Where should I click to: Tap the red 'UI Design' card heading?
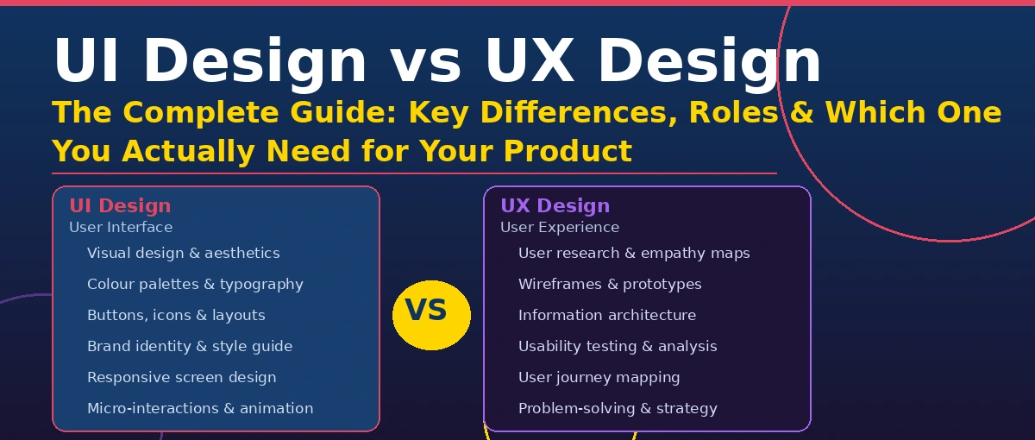[x=120, y=206]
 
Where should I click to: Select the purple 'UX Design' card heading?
[x=555, y=206]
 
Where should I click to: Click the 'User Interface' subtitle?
[x=121, y=228]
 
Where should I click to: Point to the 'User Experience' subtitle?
[x=560, y=228]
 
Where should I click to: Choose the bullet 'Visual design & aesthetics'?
[x=183, y=254]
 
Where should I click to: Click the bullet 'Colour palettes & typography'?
[x=195, y=285]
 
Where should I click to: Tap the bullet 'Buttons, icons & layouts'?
[x=176, y=316]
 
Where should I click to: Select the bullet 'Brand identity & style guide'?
[x=190, y=347]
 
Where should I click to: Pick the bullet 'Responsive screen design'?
[x=181, y=378]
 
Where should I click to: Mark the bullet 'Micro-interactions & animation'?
[x=200, y=409]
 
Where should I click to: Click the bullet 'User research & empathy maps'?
[x=634, y=254]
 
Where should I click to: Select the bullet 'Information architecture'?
[x=607, y=316]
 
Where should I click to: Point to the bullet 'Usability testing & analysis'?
[x=618, y=347]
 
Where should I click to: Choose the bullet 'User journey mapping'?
[x=599, y=378]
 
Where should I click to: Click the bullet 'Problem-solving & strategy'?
[x=618, y=409]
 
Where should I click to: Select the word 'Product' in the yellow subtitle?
[x=568, y=152]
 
